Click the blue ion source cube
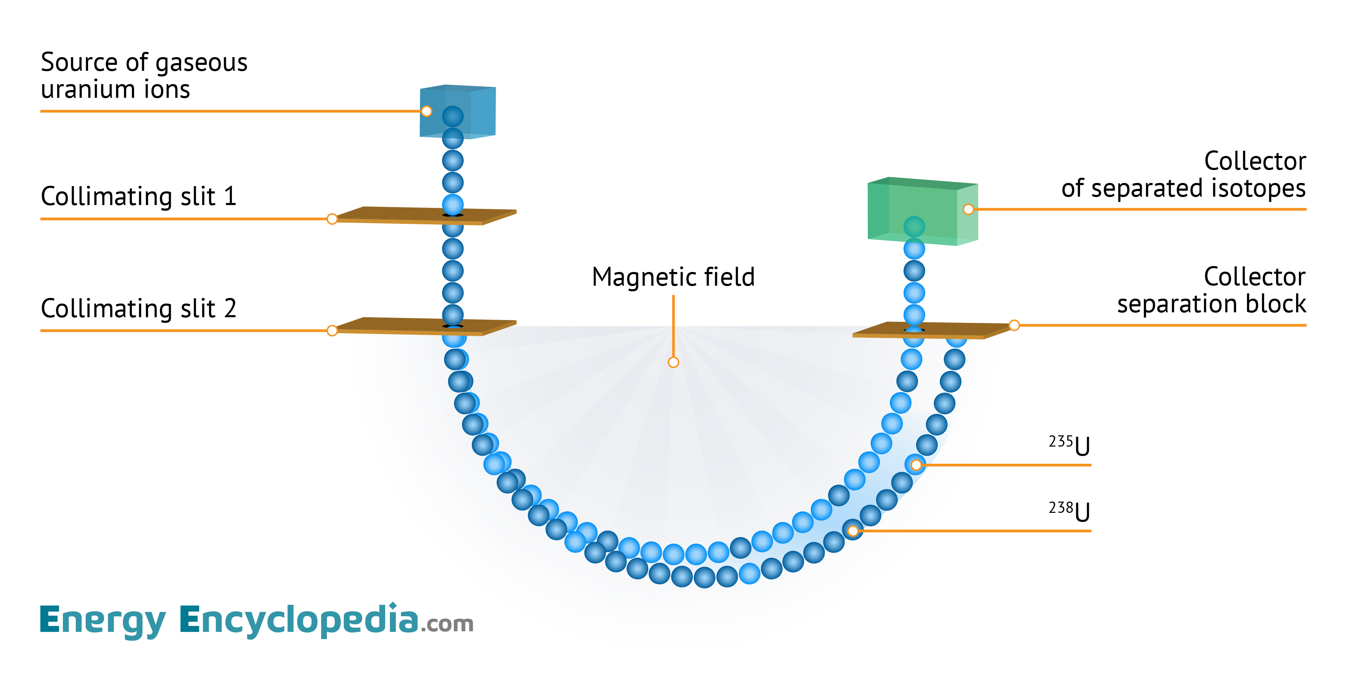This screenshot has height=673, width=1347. (x=473, y=104)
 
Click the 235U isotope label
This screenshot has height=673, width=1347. (x=1069, y=446)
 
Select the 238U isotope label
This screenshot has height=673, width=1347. (x=1069, y=511)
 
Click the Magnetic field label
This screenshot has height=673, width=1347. (x=673, y=277)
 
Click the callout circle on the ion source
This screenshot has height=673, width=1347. (x=427, y=111)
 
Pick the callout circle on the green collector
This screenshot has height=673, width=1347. (x=969, y=210)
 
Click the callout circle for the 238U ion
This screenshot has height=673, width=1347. (x=853, y=531)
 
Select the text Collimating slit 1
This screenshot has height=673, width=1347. (x=139, y=196)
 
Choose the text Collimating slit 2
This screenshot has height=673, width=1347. (x=139, y=308)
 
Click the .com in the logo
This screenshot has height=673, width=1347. (x=447, y=624)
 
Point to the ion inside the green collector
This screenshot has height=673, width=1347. (x=914, y=227)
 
